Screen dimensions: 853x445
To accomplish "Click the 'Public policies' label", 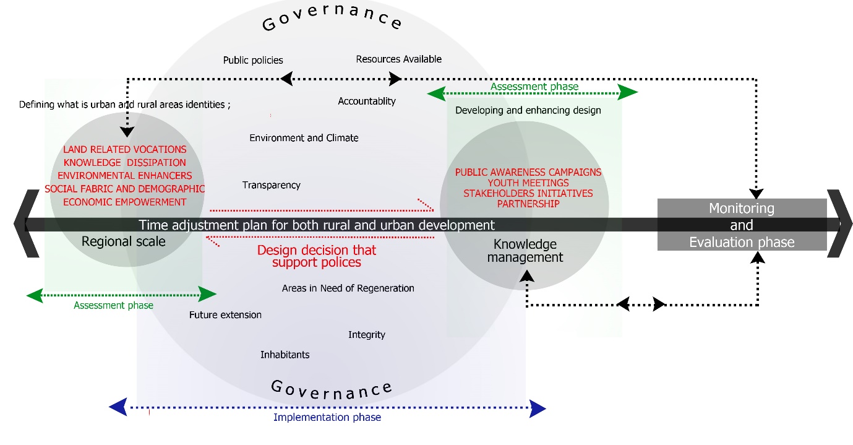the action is [253, 60].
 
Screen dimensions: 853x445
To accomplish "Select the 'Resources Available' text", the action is [399, 59].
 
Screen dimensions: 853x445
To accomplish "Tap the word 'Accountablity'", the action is [367, 102].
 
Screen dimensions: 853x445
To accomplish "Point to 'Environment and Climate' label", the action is [304, 138].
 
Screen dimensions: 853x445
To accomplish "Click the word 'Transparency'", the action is [272, 185].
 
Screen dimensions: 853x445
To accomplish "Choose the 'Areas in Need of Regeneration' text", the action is [348, 288].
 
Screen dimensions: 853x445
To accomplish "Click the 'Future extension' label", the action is [225, 314].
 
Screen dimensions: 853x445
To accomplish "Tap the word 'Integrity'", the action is [367, 334].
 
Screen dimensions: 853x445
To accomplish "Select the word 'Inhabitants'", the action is [285, 355].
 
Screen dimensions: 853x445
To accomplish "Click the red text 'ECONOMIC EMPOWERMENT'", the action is [124, 202].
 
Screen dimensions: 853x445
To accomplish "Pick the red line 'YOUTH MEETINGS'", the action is [528, 183].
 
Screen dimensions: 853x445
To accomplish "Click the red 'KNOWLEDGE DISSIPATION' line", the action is [124, 163].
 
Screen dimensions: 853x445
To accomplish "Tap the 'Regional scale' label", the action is [123, 241].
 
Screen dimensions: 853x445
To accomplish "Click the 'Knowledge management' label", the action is [525, 251].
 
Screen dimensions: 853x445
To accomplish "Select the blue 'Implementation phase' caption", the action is [327, 417].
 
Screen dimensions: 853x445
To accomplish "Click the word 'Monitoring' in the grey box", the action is [742, 209].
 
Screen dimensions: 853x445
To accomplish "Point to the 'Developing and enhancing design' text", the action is [528, 111].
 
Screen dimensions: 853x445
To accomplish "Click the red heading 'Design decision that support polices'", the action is [317, 256].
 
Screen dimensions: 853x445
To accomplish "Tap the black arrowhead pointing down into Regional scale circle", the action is [127, 132].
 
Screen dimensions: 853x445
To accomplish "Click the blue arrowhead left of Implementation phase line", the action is [118, 407].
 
